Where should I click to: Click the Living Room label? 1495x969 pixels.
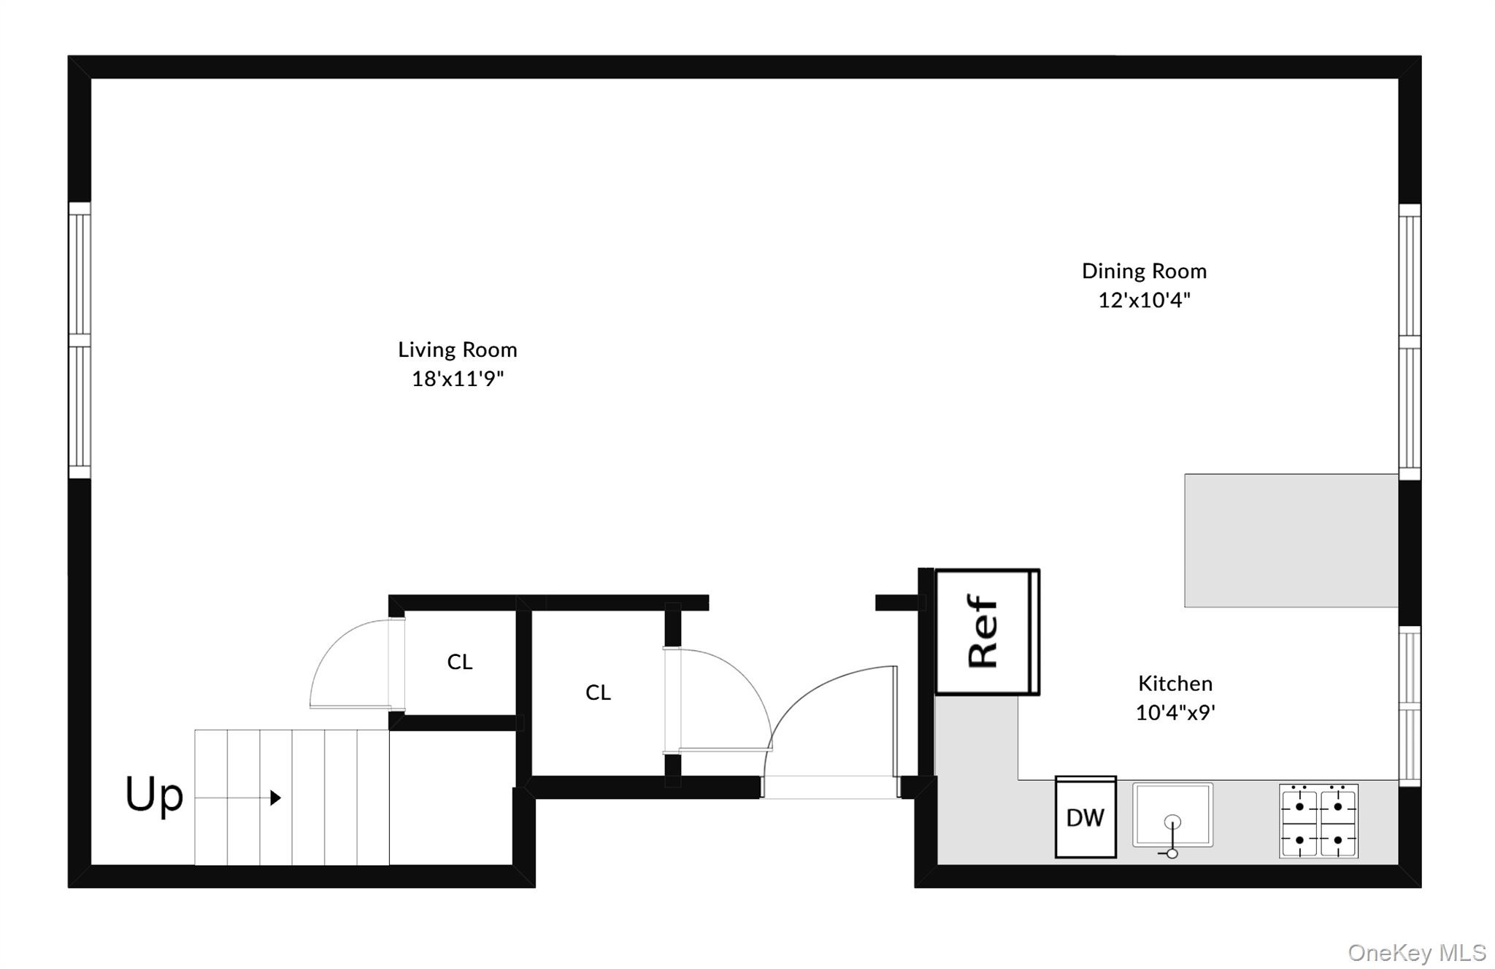[458, 350]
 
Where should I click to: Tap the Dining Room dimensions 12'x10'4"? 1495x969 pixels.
[1144, 300]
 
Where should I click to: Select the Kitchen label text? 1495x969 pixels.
[1175, 684]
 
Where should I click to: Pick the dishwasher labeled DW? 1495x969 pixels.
[1085, 817]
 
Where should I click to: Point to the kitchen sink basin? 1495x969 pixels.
[1172, 814]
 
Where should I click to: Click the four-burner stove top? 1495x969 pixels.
[1318, 821]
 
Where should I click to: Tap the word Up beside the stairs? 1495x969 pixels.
[154, 795]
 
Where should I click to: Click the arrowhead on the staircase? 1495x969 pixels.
[276, 798]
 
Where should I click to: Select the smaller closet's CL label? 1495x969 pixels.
[460, 662]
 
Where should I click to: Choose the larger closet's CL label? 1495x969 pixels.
[598, 692]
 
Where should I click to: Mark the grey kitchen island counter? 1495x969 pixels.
[1291, 540]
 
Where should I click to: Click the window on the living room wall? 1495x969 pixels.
[80, 341]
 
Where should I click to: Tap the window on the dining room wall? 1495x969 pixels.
[1410, 341]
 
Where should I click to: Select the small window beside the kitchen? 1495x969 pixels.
[1410, 706]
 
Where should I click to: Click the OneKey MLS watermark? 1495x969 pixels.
[1416, 952]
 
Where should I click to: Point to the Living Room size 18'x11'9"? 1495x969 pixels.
[458, 379]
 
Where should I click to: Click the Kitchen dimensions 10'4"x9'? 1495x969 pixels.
[1175, 713]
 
